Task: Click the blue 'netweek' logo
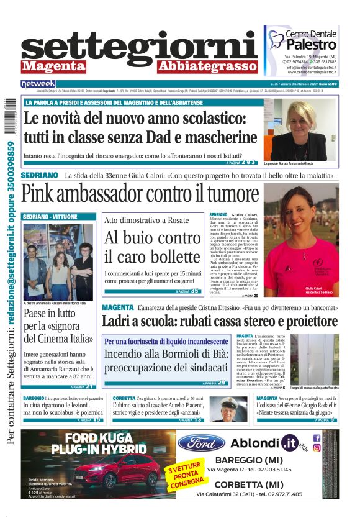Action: [38, 83]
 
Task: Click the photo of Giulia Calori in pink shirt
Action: [301, 239]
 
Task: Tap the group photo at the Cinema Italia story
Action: [58, 261]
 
